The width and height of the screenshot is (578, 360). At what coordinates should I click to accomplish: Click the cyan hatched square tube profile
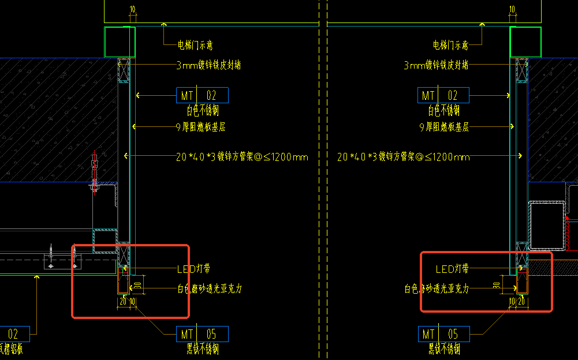click(105, 237)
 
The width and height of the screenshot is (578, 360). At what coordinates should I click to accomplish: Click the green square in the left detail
click(120, 42)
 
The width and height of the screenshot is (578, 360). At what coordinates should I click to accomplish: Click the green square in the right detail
click(525, 42)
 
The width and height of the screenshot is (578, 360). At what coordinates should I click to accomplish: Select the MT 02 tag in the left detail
click(202, 95)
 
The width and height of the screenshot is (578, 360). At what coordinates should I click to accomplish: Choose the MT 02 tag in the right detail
click(443, 95)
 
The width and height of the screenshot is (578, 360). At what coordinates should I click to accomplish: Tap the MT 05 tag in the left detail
click(202, 334)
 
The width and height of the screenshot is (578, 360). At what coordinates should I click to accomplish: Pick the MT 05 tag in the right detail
click(443, 334)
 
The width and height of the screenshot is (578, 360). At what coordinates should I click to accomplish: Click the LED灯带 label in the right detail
click(452, 269)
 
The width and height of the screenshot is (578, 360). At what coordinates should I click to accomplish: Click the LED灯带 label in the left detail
click(193, 269)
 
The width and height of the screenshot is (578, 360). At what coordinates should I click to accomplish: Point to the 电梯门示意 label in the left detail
click(199, 45)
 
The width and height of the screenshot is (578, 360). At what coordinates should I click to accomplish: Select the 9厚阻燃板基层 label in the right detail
click(443, 127)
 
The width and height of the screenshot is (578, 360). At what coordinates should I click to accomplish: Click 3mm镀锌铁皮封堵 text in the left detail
click(208, 65)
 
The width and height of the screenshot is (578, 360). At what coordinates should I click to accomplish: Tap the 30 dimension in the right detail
click(497, 284)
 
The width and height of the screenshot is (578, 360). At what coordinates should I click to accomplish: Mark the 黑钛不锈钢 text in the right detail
click(443, 348)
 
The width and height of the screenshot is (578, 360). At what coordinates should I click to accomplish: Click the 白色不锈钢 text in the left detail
click(202, 110)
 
